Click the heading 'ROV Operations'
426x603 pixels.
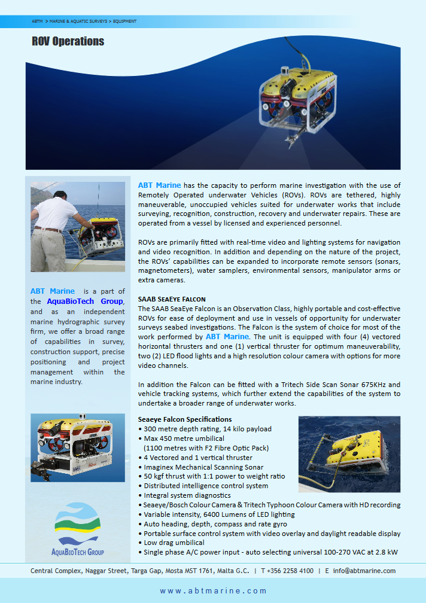pyautogui.click(x=68, y=41)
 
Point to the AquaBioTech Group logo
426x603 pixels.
pyautogui.click(x=78, y=530)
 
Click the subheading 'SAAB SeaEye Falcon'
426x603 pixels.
pyautogui.click(x=172, y=299)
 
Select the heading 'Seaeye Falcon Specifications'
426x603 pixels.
pyautogui.click(x=185, y=419)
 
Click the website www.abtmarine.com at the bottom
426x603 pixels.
pyautogui.click(x=213, y=591)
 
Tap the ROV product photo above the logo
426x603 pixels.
pyautogui.click(x=78, y=447)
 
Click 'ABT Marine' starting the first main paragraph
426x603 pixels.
pyautogui.click(x=159, y=185)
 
